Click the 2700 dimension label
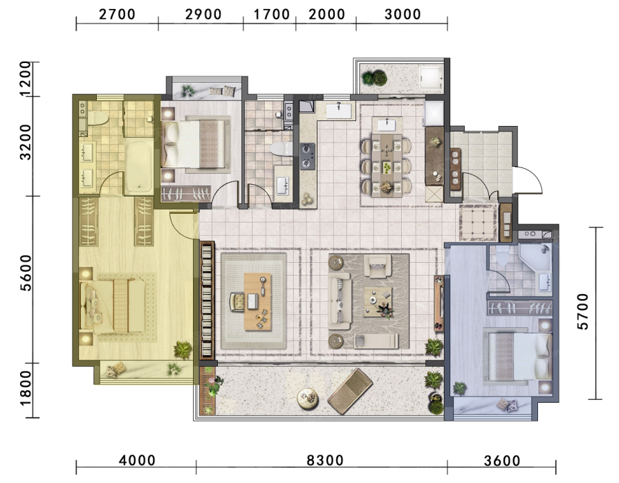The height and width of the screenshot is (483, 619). pos(118,15)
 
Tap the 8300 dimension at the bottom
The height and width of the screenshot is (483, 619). pos(325,460)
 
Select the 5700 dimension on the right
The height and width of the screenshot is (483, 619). pos(582,311)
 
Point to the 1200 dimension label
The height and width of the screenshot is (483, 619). pos(26,79)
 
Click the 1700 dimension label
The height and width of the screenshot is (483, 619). pos(272,15)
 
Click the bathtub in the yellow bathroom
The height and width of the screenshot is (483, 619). pos(138,167)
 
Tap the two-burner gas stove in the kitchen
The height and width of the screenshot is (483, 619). pos(307,156)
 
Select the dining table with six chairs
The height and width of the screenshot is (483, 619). pos(387,165)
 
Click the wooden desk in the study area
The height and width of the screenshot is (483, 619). pos(258,302)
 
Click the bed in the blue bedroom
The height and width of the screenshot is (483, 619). pos(518,357)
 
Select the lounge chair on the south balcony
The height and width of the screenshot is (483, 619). pos(350,391)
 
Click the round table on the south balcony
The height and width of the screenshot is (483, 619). pos(308,398)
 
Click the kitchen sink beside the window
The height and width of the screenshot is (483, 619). pos(339,110)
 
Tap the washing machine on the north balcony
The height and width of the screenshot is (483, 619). pos(432,78)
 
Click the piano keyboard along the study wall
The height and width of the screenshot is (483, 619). pos(207,300)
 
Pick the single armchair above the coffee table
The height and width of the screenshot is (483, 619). pos(378,266)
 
